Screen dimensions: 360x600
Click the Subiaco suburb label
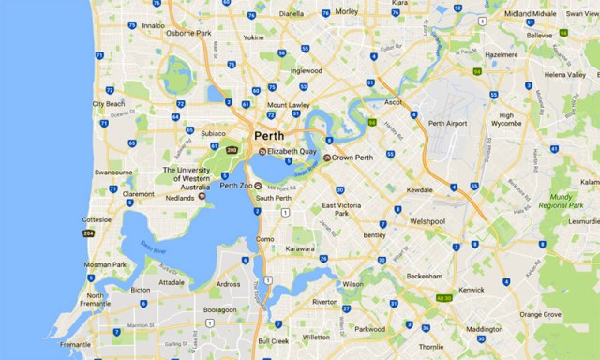coord(216,134)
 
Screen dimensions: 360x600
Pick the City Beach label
coord(109,103)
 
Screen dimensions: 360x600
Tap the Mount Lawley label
coord(289,105)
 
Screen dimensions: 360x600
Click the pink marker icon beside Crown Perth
coord(327,157)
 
